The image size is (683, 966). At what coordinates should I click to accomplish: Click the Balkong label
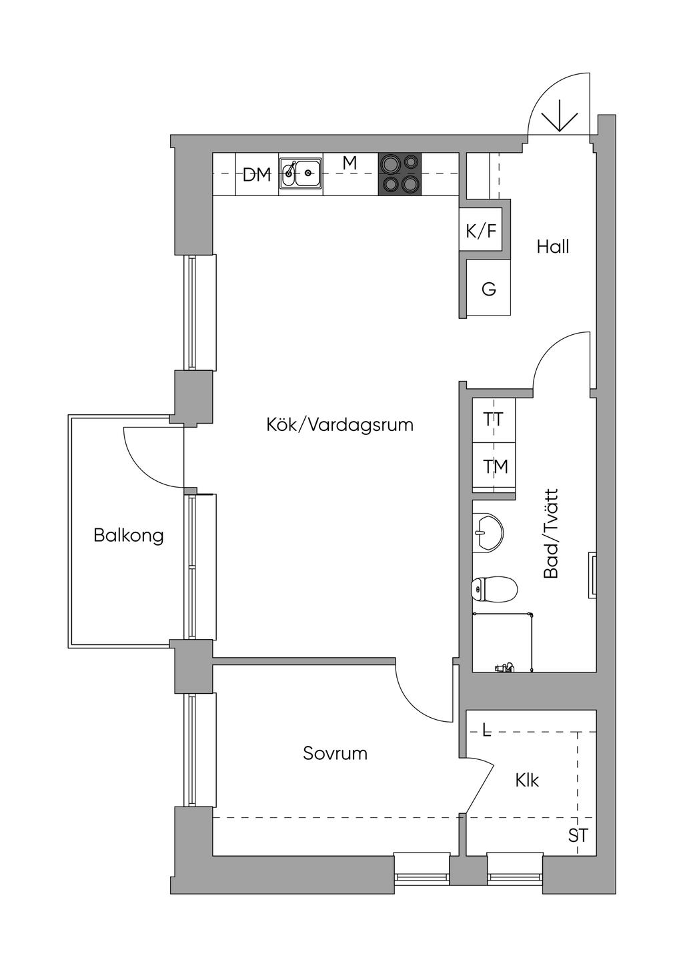(x=129, y=536)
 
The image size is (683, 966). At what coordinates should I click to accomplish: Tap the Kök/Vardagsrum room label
(x=339, y=425)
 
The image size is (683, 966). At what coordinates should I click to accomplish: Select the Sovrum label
(x=335, y=753)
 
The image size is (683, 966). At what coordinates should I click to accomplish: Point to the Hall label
(x=553, y=247)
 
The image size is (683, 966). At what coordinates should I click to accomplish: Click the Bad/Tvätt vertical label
(x=551, y=534)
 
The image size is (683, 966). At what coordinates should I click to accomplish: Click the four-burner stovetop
(x=400, y=174)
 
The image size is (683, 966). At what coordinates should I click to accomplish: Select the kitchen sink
(x=301, y=173)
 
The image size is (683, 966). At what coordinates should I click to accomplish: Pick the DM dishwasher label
(x=257, y=175)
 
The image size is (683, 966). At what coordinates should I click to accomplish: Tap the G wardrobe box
(x=488, y=288)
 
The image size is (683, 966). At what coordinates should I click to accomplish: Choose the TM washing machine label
(x=495, y=466)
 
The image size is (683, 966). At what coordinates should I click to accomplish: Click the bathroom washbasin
(x=488, y=532)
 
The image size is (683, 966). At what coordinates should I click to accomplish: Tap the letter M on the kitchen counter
(x=350, y=163)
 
